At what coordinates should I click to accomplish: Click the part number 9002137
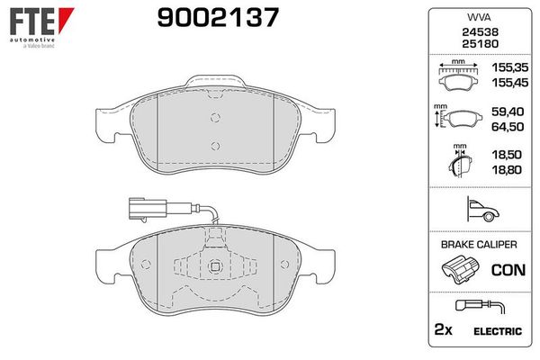tap(218, 18)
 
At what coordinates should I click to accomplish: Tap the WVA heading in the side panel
tap(479, 17)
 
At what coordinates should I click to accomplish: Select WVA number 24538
tap(480, 32)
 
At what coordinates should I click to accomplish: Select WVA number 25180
tap(480, 44)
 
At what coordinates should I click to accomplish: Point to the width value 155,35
tap(509, 67)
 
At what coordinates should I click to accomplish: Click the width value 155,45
tap(509, 83)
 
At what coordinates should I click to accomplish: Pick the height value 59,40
tap(508, 112)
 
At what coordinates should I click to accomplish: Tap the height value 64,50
tap(508, 127)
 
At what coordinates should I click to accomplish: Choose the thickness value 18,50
tap(507, 155)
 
